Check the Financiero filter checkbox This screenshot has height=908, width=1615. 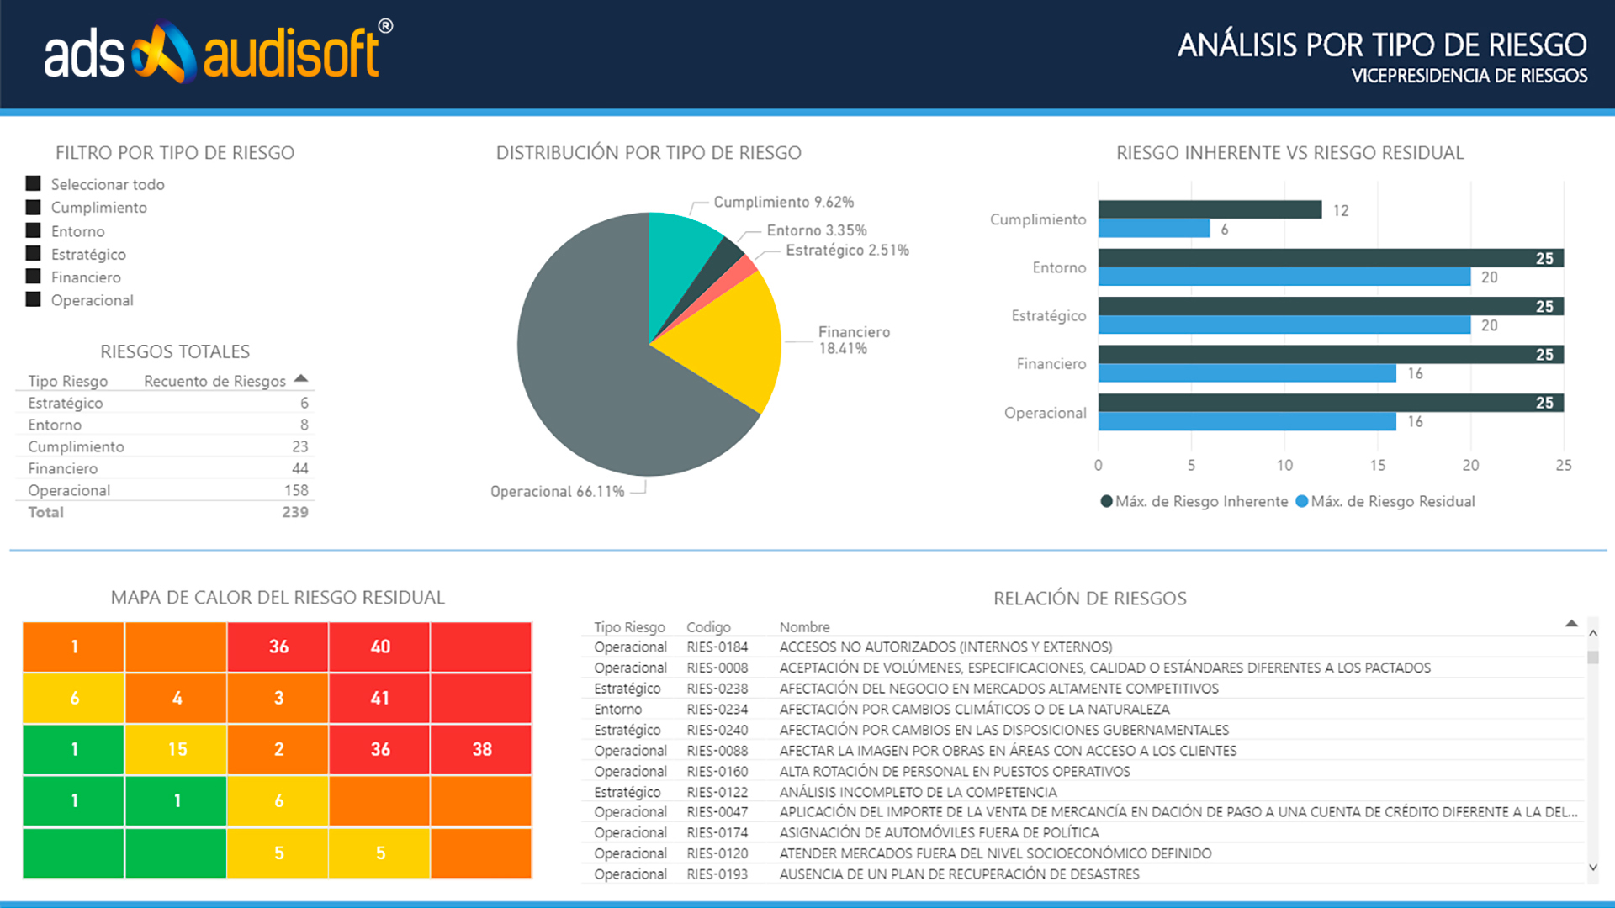[x=34, y=277]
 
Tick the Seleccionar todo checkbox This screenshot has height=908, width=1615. [x=34, y=183]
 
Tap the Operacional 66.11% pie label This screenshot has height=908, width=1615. [x=557, y=492]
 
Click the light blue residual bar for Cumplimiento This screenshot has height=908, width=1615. [x=1153, y=229]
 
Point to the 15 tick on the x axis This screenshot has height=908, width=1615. [x=1377, y=466]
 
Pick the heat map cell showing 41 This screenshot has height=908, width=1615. [x=379, y=698]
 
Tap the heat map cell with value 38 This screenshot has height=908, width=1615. [x=481, y=749]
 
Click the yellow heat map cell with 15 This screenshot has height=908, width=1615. [x=176, y=749]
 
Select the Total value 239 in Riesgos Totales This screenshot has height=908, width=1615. [x=294, y=512]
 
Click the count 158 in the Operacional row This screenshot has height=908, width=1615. [x=296, y=490]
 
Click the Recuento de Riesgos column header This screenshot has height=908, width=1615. [x=214, y=382]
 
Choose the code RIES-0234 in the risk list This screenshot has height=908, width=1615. [x=717, y=710]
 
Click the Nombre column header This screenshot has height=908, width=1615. [x=804, y=627]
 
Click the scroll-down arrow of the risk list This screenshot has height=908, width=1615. [x=1592, y=868]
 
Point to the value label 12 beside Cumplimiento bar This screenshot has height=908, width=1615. [x=1341, y=211]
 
